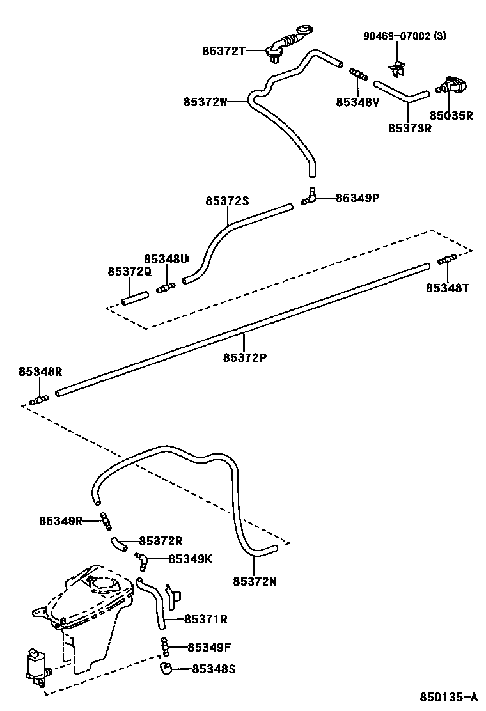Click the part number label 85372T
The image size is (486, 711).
(x=223, y=50)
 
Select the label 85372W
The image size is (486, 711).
(x=205, y=101)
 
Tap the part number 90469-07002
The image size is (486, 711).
(x=396, y=36)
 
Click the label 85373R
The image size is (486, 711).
(x=410, y=127)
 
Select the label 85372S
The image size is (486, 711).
(x=226, y=201)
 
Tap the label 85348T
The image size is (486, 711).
(x=448, y=288)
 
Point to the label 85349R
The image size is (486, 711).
(x=61, y=520)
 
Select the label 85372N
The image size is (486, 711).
(x=255, y=581)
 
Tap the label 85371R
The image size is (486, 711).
(x=206, y=619)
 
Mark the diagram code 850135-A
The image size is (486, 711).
(x=448, y=696)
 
